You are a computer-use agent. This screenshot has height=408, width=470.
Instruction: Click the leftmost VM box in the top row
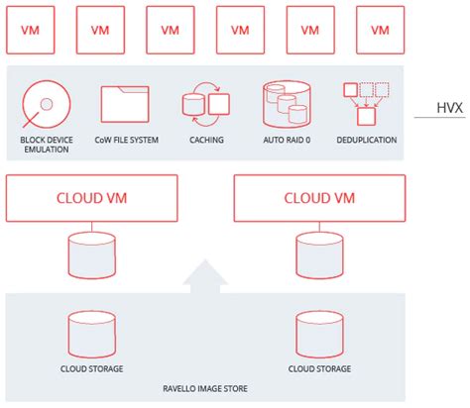(31, 29)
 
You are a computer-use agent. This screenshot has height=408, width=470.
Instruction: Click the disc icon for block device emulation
(45, 103)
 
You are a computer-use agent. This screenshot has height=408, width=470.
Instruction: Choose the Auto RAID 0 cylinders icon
(286, 103)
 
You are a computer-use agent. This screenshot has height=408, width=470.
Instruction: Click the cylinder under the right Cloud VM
(319, 255)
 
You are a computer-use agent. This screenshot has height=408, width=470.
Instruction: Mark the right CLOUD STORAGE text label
(319, 369)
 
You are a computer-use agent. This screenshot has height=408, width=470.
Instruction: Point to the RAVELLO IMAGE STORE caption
(206, 389)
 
